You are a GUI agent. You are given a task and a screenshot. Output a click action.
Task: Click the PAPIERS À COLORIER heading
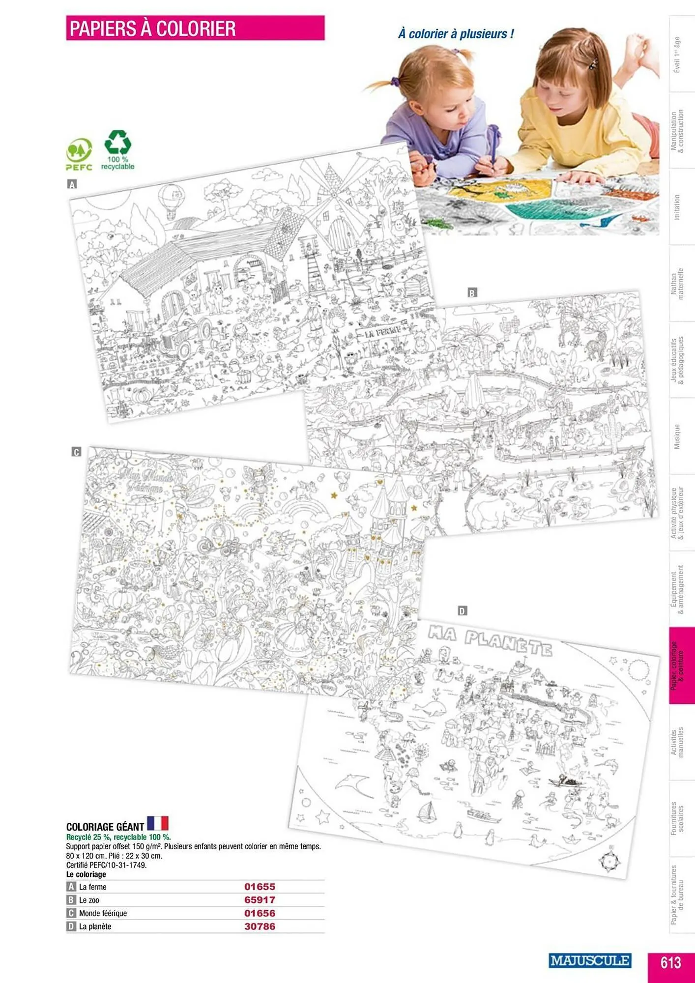[x=152, y=29]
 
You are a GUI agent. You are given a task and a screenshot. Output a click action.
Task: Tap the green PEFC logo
[x=79, y=152]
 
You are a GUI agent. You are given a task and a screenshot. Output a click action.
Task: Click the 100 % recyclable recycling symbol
[x=117, y=144]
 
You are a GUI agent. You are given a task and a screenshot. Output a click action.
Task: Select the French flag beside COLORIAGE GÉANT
[x=158, y=823]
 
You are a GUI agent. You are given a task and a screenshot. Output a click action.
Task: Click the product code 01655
[x=260, y=887]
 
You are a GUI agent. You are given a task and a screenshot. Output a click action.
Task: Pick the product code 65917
[x=260, y=900]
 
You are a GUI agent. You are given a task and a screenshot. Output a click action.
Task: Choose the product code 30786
[x=260, y=926]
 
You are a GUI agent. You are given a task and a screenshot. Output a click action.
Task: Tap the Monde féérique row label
[x=103, y=913]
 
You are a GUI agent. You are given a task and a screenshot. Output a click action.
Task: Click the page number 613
[x=670, y=962]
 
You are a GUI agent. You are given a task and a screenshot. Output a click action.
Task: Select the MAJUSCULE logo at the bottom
[x=589, y=960]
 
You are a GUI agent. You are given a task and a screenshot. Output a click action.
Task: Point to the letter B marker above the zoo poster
[x=472, y=293]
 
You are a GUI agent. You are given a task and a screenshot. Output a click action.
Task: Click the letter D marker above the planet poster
[x=462, y=611]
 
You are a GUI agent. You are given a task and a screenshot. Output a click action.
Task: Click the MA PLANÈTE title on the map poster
[x=490, y=639]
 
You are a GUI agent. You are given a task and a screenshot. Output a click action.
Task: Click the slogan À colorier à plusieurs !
[x=456, y=34]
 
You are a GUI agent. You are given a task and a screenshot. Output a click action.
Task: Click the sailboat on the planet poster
[x=426, y=810]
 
